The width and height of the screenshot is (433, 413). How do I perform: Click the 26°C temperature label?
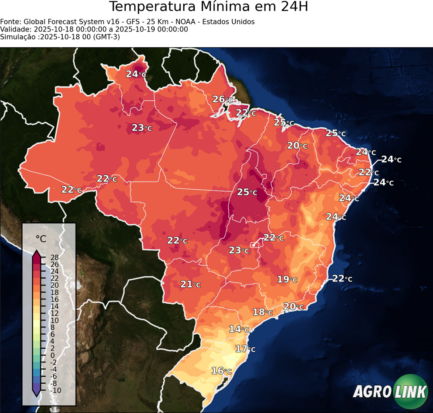223,100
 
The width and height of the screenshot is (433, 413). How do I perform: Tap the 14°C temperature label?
239,329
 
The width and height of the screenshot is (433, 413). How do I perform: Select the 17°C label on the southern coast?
245,349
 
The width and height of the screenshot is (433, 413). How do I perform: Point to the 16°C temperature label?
221,371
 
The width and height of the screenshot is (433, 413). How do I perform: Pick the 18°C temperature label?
263,312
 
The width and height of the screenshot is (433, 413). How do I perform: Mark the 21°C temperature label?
190,284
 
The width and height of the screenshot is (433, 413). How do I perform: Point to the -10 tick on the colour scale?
56,390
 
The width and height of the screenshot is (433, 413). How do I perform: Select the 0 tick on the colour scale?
52,355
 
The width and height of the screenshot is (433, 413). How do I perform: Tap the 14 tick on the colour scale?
55,306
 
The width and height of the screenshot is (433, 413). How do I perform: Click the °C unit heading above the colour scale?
41,239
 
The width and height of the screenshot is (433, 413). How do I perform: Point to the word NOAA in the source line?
189,22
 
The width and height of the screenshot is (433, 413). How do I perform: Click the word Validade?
14,29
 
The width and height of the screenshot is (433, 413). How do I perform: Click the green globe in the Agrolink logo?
410,392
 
